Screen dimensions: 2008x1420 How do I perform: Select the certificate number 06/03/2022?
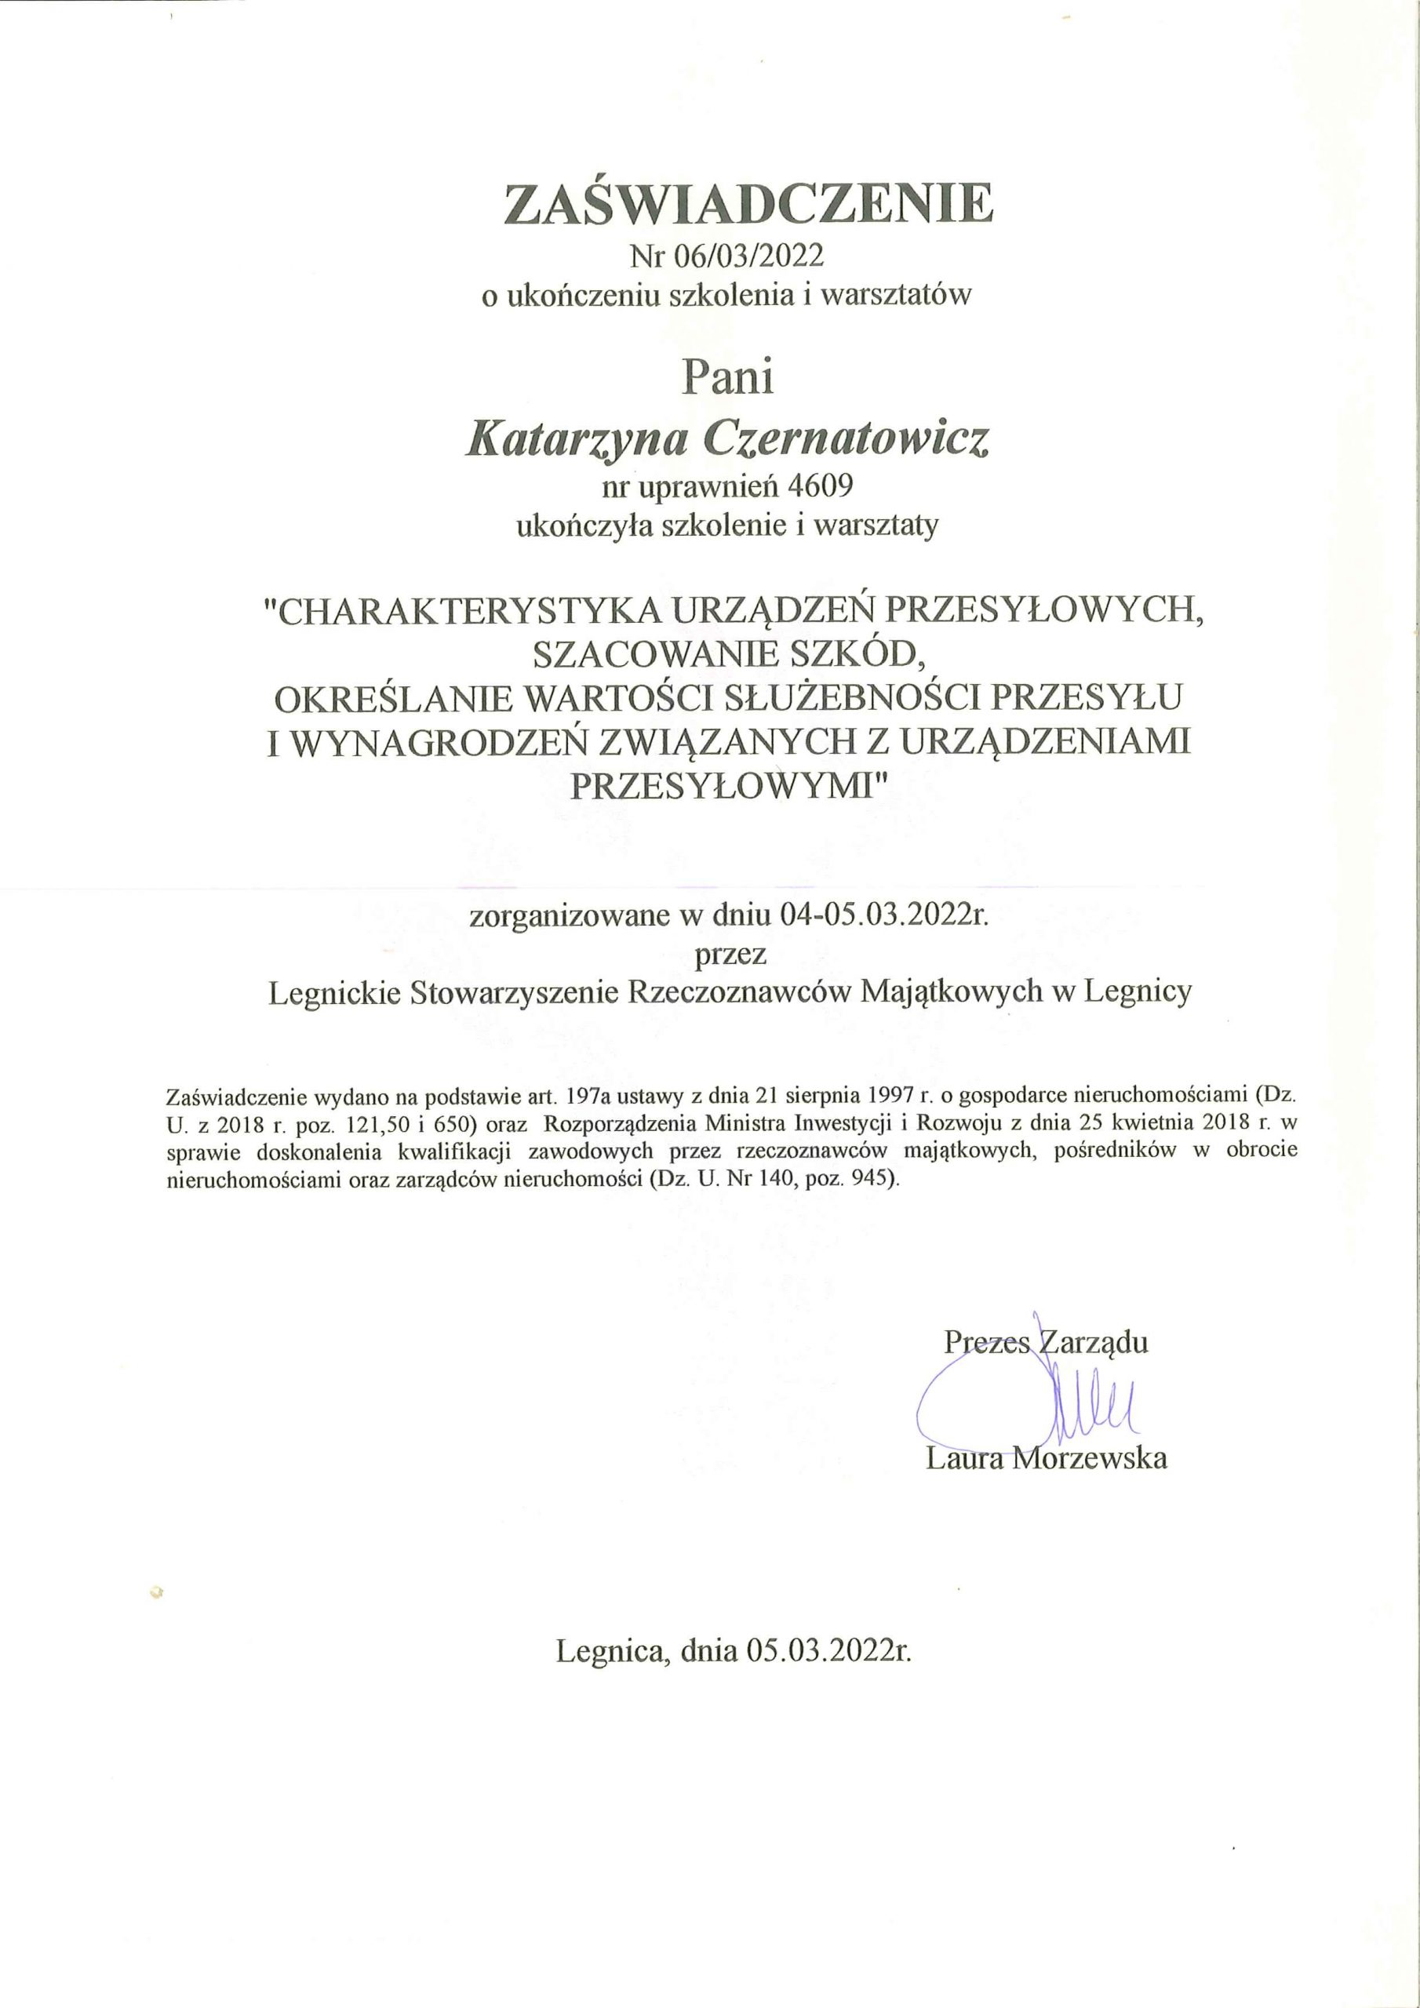tap(749, 256)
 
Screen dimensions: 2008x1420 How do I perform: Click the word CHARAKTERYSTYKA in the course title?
tap(468, 611)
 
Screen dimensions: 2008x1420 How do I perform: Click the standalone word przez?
tap(730, 953)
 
